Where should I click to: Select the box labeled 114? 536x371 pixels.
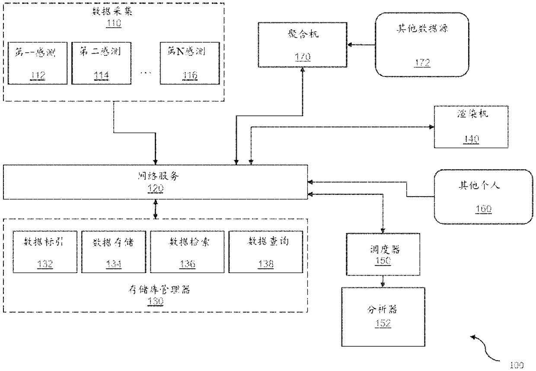pos(101,63)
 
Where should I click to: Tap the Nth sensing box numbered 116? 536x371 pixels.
pos(189,63)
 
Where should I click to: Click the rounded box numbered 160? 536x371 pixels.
pos(483,197)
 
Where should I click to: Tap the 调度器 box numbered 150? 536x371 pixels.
pos(383,254)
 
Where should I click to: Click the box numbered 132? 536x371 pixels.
pos(44,252)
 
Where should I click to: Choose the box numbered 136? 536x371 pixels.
pos(188,252)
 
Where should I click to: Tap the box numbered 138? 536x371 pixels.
pos(265,252)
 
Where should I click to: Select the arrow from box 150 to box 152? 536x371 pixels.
pos(383,281)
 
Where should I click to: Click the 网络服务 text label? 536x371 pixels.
pos(155,176)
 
